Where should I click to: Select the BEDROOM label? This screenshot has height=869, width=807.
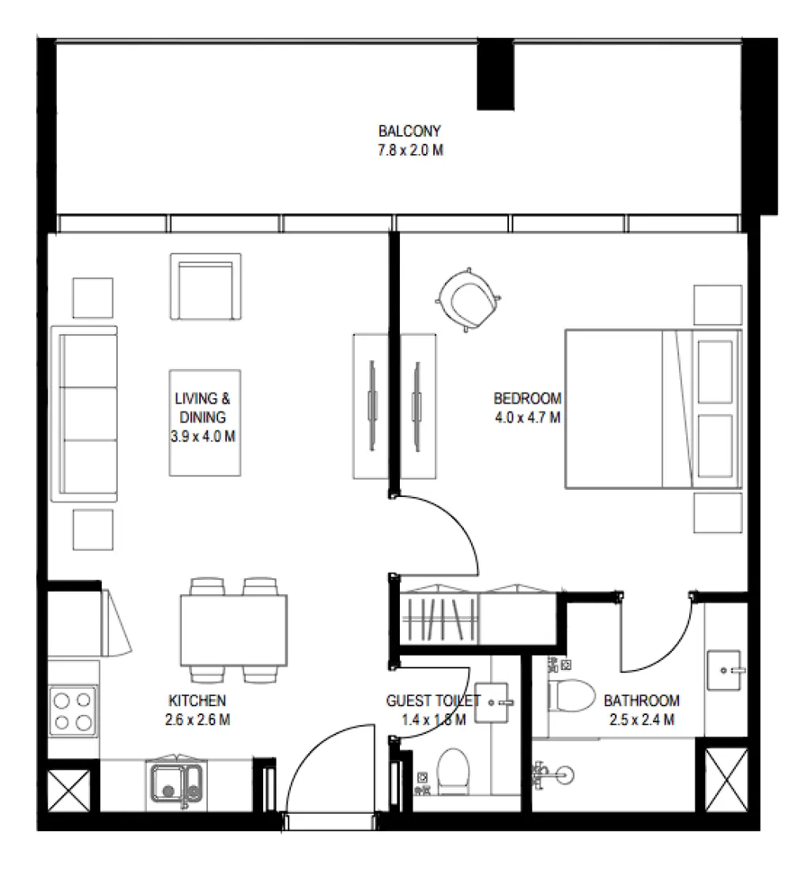(527, 398)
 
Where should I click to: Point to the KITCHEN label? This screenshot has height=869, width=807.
(198, 701)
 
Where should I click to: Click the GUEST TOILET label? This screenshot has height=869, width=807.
(432, 701)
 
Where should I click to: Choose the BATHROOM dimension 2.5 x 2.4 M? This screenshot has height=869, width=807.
(642, 720)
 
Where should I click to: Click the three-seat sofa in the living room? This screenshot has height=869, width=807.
(84, 414)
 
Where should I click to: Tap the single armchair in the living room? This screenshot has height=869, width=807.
(206, 286)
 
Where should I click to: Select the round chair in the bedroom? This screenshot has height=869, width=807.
(469, 299)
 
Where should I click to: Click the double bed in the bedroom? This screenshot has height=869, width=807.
(653, 409)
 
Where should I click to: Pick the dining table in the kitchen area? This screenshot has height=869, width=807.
(234, 630)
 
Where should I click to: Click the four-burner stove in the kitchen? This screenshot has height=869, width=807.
(73, 710)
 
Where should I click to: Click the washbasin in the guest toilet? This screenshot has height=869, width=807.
(496, 701)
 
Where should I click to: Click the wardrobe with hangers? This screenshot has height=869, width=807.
(440, 618)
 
